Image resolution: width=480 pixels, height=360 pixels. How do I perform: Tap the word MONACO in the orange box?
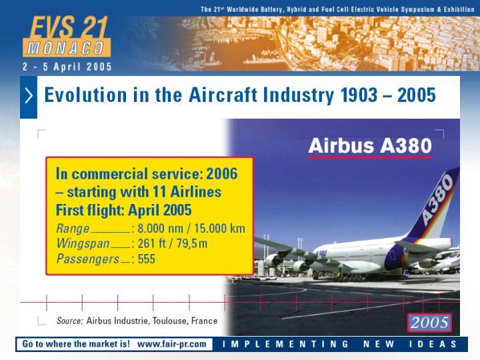click(66, 49)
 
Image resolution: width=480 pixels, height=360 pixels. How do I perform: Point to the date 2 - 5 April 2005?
click(67, 67)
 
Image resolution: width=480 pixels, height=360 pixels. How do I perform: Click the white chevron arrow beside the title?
click(29, 95)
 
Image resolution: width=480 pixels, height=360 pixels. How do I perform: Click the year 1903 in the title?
click(359, 95)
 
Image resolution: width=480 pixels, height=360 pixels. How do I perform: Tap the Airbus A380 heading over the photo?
click(370, 145)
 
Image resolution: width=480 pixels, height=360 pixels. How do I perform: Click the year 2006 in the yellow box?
click(222, 173)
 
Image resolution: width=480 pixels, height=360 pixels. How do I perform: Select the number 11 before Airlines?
click(159, 192)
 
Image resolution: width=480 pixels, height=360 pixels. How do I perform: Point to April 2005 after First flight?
click(160, 210)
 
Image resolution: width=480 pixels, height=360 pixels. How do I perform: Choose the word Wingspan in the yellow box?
click(83, 244)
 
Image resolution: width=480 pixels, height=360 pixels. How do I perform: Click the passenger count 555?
click(146, 259)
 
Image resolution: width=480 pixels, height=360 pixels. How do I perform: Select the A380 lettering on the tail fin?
click(437, 199)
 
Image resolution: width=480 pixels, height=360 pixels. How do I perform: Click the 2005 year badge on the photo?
click(429, 323)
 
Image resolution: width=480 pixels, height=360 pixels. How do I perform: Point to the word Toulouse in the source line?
click(169, 321)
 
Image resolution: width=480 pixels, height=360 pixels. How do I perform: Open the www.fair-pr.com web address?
click(172, 344)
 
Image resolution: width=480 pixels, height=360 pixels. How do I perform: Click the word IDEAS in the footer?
click(433, 344)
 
